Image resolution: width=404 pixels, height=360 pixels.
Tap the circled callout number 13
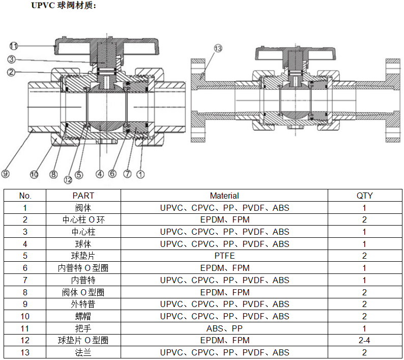218,48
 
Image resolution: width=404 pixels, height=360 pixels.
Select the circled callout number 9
6,174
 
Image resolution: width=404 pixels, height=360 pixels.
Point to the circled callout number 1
141,174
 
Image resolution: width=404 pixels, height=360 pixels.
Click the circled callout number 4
100,174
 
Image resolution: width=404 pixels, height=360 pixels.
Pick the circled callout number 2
11,72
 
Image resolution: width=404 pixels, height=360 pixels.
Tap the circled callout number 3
11,60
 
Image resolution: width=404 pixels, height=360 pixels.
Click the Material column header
224,196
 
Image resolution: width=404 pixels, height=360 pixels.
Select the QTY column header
364,196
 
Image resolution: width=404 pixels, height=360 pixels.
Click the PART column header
83,196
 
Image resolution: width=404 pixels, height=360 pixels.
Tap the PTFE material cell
224,256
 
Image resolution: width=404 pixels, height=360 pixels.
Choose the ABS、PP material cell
224,328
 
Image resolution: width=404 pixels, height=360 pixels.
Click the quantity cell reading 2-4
364,340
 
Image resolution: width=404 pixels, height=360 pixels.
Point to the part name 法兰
83,352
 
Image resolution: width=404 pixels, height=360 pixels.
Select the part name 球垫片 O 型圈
83,340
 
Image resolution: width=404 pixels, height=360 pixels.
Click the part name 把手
83,328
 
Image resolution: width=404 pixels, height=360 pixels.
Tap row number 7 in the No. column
25,280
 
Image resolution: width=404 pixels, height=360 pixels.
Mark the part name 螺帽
83,316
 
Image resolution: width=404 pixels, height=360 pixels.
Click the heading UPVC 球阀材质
64,6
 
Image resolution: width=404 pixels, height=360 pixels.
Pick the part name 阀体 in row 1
83,208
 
